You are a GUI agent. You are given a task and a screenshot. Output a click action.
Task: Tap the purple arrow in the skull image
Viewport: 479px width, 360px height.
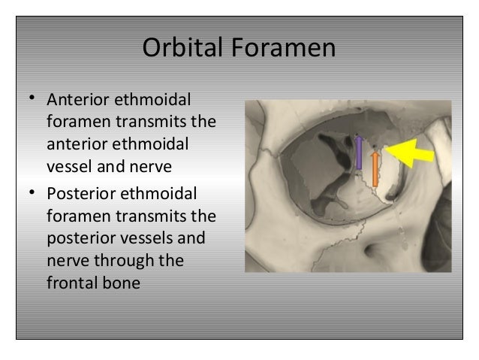pyautogui.click(x=359, y=153)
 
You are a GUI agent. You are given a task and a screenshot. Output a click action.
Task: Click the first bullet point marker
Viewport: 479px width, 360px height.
pyautogui.click(x=32, y=99)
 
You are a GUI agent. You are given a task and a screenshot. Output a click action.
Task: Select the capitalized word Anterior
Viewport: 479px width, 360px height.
pyautogui.click(x=77, y=100)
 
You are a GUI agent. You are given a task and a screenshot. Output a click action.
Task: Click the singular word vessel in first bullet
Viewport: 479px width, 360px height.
pyautogui.click(x=69, y=166)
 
